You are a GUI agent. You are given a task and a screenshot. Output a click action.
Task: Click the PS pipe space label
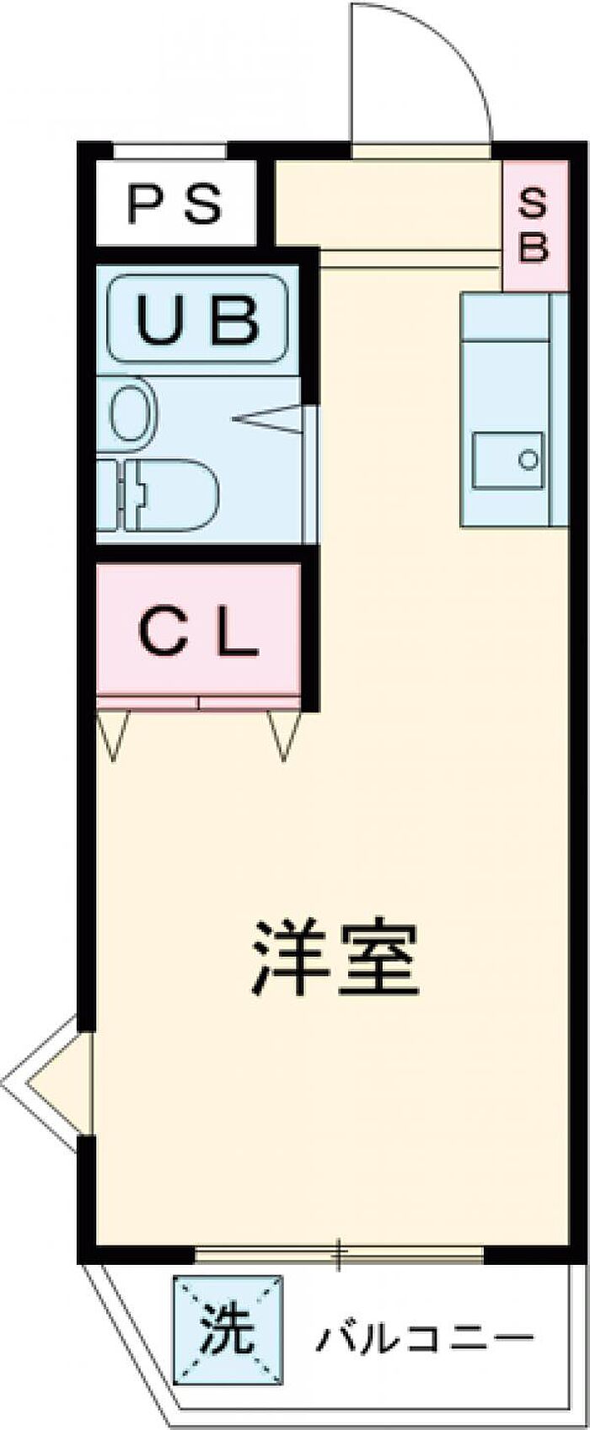tap(175, 204)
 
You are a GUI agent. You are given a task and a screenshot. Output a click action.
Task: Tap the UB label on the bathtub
tap(199, 318)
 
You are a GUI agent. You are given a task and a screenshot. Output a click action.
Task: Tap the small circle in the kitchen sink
tap(528, 460)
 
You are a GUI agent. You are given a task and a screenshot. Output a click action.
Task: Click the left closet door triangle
tap(113, 736)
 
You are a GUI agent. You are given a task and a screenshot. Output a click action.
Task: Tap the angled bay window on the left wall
tap(45, 1082)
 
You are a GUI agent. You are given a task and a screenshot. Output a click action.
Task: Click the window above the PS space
tap(170, 152)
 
